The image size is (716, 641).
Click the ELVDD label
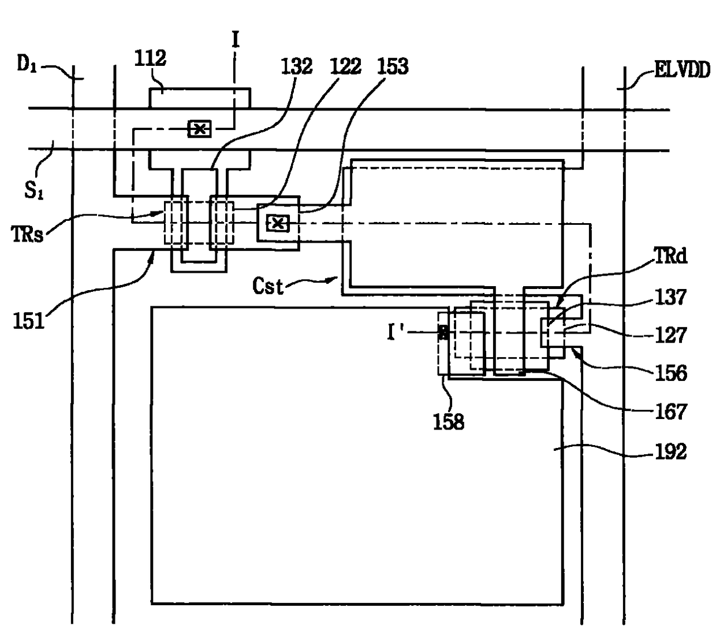coord(682,70)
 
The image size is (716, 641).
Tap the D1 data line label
coord(27,65)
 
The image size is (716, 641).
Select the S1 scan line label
coord(33,190)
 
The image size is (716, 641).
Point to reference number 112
coord(150,58)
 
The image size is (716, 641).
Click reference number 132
coord(297,66)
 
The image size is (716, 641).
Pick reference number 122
coord(345,66)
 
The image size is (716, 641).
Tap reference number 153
coord(393,66)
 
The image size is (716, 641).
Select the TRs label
coord(27,234)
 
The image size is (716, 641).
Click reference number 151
coord(29,321)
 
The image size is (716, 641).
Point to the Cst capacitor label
coord(268,286)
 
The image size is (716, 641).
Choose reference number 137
coord(671,297)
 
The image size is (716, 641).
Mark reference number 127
coord(671,335)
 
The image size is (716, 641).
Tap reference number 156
coord(671,373)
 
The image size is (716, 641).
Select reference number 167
coord(671,412)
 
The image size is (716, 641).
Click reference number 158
coord(449,422)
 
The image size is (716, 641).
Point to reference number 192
coord(671,451)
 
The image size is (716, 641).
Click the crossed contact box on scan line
coord(199,129)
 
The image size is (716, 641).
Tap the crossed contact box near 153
coord(278,223)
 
